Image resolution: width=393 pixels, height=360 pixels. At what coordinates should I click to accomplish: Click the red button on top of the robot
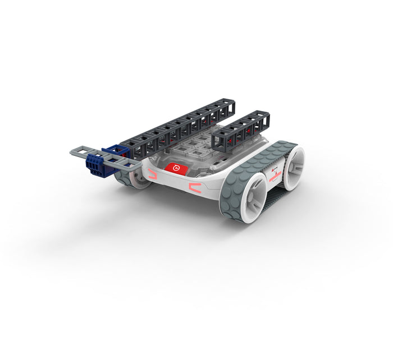click(175, 167)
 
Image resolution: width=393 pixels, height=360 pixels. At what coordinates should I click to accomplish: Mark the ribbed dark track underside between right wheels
click(273, 196)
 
